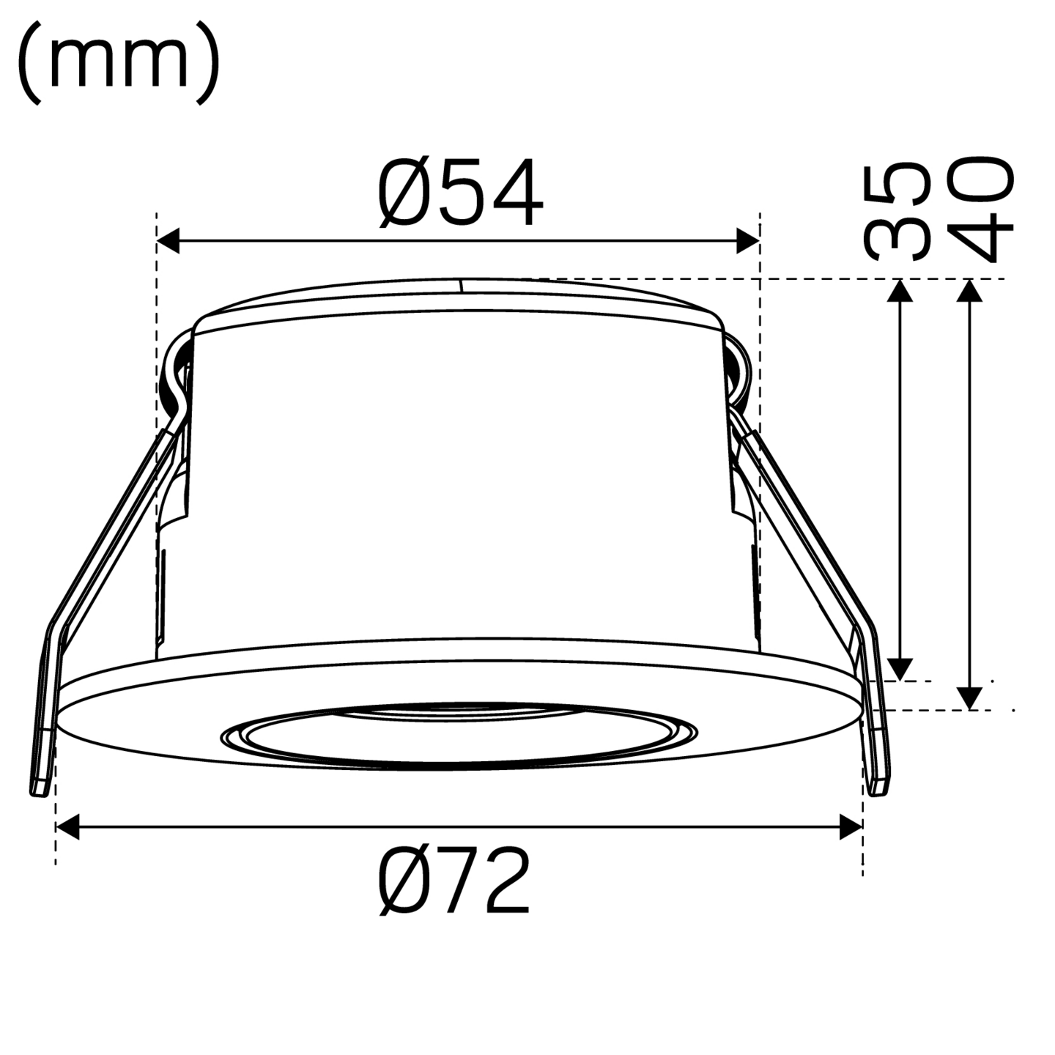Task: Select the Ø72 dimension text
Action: pos(454,881)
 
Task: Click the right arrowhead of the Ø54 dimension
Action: pos(747,240)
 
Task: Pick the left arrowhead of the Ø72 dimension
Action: pos(68,829)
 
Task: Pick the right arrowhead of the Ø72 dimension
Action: pos(850,829)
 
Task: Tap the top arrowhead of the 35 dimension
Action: pos(900,292)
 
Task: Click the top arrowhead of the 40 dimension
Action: pos(970,292)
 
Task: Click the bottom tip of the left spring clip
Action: pos(40,788)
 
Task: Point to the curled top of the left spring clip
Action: pos(176,366)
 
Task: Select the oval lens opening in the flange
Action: pos(460,736)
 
